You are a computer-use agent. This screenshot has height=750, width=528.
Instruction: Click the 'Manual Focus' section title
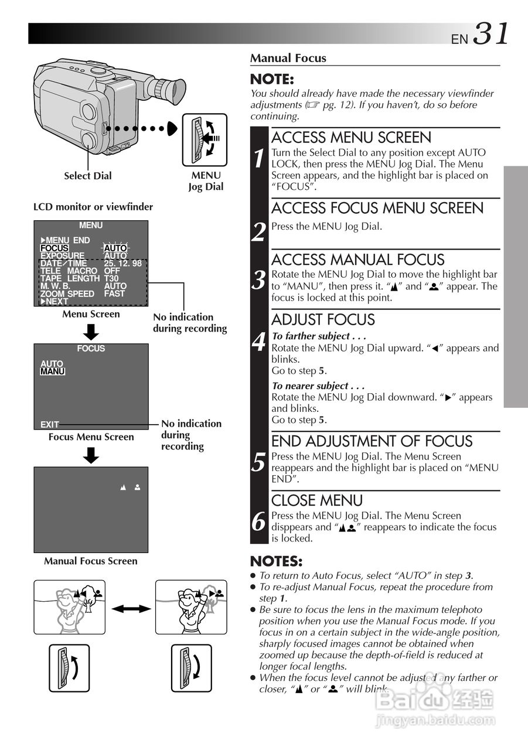[x=288, y=58]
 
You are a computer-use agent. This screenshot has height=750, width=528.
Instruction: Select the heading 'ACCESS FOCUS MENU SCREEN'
[x=377, y=208]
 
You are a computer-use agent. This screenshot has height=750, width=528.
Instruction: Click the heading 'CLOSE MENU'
[x=317, y=500]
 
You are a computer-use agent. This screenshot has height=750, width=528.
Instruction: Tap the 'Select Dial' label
[x=87, y=176]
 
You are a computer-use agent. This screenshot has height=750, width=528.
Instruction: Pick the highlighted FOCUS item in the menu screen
[x=54, y=248]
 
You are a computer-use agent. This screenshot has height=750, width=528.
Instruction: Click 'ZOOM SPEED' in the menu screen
[x=67, y=294]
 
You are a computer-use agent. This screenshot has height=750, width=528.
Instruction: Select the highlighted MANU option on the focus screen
[x=52, y=371]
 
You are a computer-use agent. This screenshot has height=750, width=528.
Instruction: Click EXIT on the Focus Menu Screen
[x=50, y=424]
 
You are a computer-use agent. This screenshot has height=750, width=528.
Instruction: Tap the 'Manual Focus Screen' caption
[x=91, y=561]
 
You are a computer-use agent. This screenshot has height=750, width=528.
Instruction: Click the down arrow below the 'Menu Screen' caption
[x=90, y=332]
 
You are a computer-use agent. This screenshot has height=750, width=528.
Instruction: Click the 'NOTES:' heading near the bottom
[x=277, y=561]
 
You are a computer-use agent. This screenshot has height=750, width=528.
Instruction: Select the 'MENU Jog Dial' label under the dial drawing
[x=206, y=181]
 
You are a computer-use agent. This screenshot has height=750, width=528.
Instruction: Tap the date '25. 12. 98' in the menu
[x=122, y=264]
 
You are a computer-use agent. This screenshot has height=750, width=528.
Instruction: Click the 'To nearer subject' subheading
[x=318, y=386]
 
